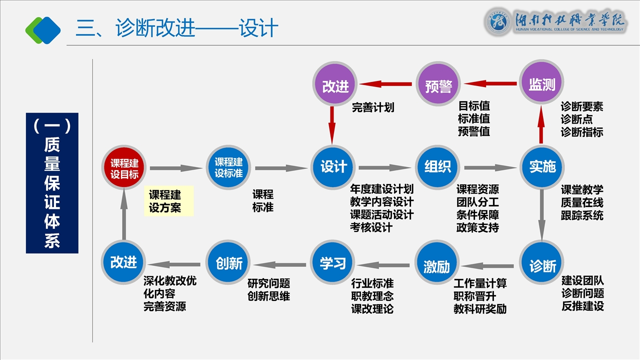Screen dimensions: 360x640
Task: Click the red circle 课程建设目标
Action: click(x=124, y=168)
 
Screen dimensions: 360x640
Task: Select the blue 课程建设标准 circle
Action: click(x=228, y=167)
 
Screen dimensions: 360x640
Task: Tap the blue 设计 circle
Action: click(x=333, y=167)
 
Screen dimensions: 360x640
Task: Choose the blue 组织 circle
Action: click(x=437, y=167)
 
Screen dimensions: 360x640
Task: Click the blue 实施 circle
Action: click(x=542, y=167)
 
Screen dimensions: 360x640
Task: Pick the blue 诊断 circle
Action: click(x=542, y=265)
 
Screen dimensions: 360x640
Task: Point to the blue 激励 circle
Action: click(x=437, y=265)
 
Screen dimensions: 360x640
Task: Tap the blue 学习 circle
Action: click(x=333, y=263)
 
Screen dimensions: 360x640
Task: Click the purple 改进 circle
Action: click(x=334, y=85)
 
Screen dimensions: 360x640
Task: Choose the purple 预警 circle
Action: click(x=438, y=85)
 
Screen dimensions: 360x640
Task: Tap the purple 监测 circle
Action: click(x=542, y=83)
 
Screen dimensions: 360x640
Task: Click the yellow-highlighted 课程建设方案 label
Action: click(x=168, y=201)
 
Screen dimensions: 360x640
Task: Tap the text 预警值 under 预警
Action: click(x=474, y=132)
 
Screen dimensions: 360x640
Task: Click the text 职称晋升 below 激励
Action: click(x=474, y=296)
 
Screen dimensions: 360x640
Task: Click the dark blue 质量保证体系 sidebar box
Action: click(x=52, y=183)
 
